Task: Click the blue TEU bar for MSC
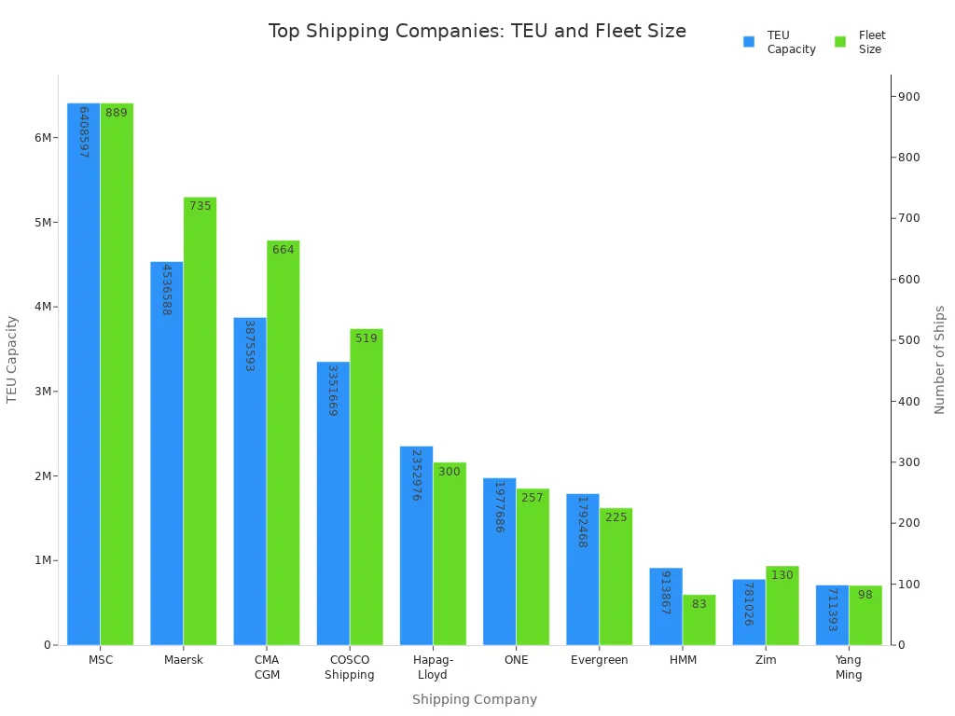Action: [83, 373]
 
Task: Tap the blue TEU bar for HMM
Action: [666, 606]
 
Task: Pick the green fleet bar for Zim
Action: [782, 606]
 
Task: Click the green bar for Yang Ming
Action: [865, 615]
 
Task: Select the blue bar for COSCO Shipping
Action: [333, 503]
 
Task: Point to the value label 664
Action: [284, 250]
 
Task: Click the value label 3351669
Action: [333, 391]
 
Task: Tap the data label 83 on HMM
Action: [699, 604]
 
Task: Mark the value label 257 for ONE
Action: [533, 498]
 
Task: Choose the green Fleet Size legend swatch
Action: [840, 42]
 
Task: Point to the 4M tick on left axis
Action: [44, 307]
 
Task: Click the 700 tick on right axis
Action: [908, 218]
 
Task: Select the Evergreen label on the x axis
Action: [599, 660]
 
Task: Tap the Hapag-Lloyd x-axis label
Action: [433, 668]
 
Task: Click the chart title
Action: [477, 32]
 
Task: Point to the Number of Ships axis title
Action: [939, 360]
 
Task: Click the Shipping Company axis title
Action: [475, 699]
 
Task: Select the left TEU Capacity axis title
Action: [12, 359]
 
